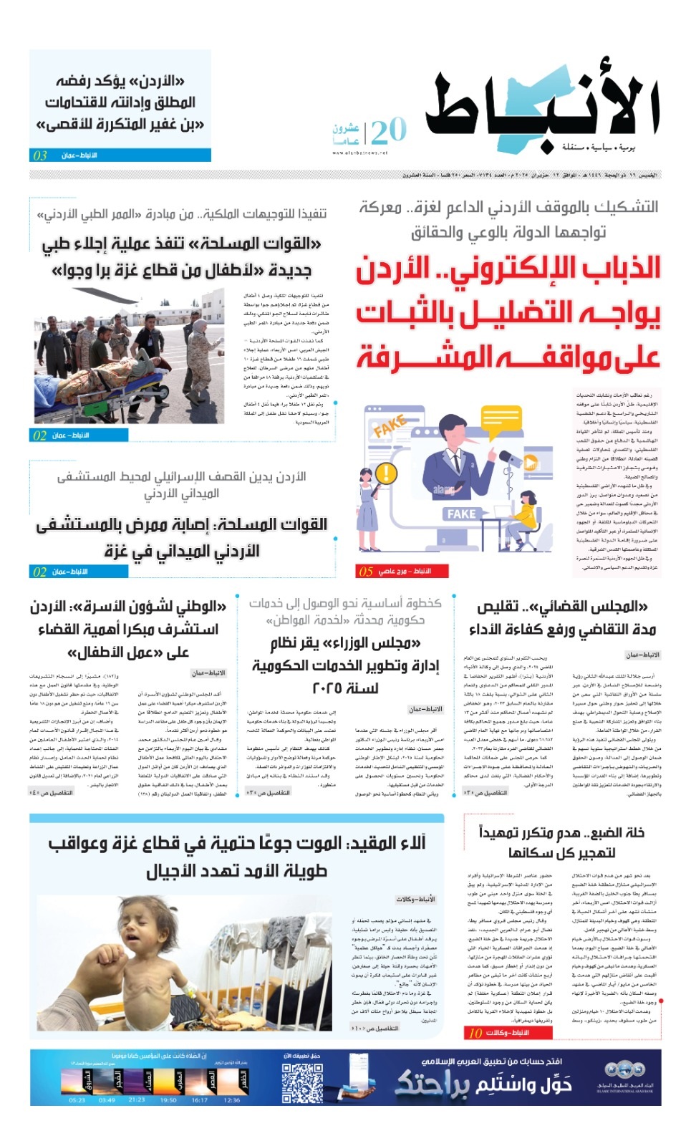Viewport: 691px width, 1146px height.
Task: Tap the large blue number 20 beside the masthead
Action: click(388, 131)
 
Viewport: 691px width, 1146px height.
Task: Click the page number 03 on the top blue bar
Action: click(40, 155)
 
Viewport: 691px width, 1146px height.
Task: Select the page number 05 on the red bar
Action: click(366, 571)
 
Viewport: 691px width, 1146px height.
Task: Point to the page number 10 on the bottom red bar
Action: click(475, 1033)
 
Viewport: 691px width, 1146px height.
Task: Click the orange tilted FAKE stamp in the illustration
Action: click(390, 427)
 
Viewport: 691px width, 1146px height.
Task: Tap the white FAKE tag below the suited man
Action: click(461, 514)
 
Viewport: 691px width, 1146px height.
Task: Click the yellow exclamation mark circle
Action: click(386, 473)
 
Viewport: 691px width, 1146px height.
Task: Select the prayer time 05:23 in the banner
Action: click(77, 1100)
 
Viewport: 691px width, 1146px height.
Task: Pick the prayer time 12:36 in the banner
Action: click(231, 1100)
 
